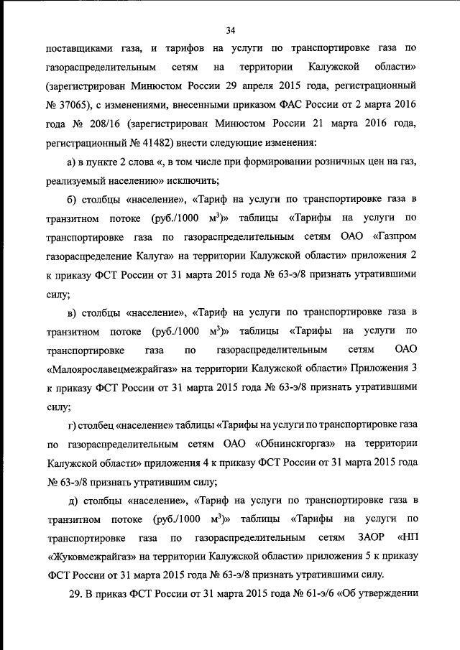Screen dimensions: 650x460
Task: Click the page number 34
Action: pos(231,29)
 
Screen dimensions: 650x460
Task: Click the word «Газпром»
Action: pos(391,236)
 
